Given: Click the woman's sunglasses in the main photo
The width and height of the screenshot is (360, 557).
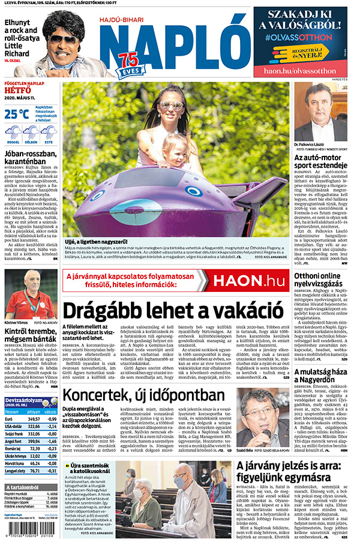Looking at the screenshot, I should pos(170,106).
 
